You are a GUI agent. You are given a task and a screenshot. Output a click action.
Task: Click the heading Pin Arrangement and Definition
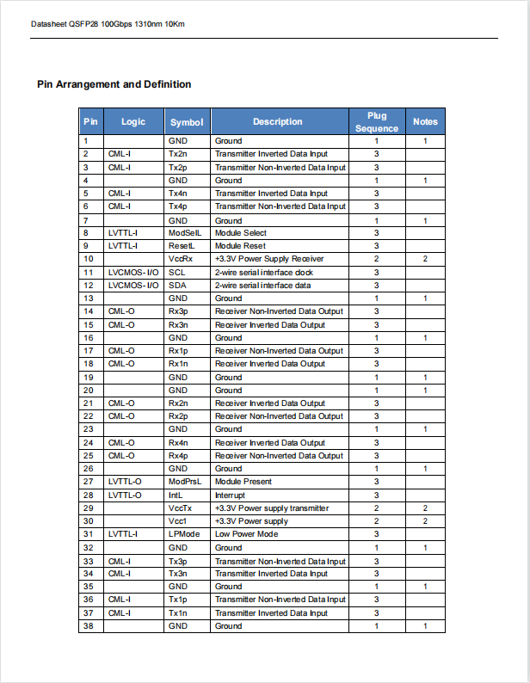click(114, 84)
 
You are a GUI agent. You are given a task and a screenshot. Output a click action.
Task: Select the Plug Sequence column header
click(376, 121)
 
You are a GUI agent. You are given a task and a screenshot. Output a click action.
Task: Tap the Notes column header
click(425, 121)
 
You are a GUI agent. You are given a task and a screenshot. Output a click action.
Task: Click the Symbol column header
click(187, 122)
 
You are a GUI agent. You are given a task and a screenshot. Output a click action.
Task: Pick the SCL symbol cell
click(176, 272)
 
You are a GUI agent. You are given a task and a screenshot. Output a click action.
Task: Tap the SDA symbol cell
click(176, 285)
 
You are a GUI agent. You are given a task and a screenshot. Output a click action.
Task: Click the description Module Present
click(243, 482)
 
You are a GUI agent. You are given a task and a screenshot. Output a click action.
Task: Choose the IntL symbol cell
click(176, 495)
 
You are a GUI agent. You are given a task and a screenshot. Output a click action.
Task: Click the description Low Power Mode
click(246, 534)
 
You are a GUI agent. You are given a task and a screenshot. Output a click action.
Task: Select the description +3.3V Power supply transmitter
click(271, 508)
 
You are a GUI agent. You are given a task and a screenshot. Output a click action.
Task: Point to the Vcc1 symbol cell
click(177, 521)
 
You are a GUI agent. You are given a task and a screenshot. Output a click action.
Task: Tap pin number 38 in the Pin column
click(88, 626)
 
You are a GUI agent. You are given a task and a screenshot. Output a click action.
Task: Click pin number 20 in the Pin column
click(88, 391)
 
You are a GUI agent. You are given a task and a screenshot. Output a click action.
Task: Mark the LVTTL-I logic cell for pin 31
click(124, 534)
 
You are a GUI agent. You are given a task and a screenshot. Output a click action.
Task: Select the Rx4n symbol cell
click(178, 443)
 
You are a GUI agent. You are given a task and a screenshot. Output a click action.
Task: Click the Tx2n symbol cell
click(178, 154)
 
